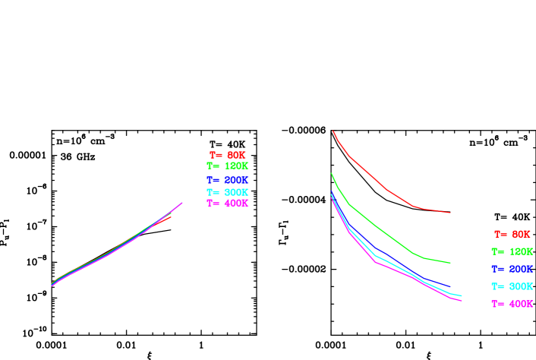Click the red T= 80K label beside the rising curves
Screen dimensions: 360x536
point(228,155)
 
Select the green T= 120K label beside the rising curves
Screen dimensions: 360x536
point(228,166)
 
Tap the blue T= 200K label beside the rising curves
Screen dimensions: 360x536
point(228,180)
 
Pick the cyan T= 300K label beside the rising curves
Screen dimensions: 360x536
point(228,192)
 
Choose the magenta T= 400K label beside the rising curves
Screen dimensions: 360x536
point(228,203)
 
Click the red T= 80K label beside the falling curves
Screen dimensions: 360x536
point(512,235)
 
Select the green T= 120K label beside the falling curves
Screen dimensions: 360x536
point(512,251)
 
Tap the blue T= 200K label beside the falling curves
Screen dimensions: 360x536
point(512,269)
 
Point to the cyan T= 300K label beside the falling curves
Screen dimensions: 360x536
point(512,286)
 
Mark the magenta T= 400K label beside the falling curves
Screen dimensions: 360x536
point(512,304)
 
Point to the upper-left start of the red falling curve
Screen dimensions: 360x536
point(333,131)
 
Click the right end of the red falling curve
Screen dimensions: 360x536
point(450,213)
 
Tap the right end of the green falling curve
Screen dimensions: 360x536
point(450,263)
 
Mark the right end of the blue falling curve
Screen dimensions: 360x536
point(450,287)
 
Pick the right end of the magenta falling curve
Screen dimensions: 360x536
point(462,301)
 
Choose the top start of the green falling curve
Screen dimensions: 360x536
point(332,174)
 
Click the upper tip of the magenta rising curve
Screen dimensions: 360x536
point(182,203)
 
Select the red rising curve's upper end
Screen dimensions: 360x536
point(171,216)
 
